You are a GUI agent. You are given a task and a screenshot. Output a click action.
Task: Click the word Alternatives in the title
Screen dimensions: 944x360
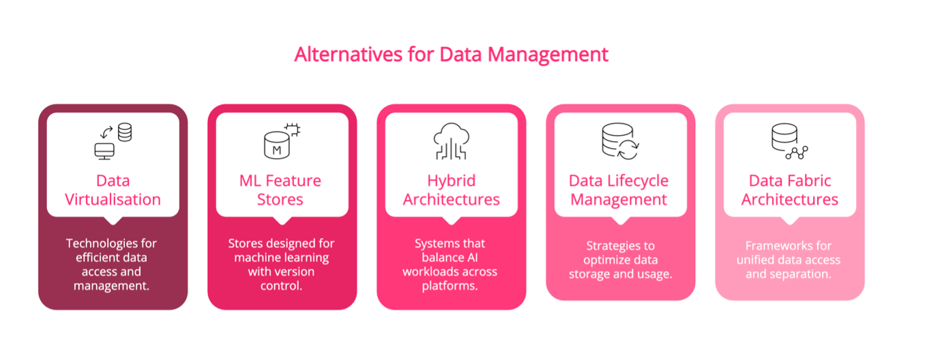click(349, 55)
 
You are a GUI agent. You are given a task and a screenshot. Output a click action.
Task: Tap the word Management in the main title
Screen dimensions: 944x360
click(548, 55)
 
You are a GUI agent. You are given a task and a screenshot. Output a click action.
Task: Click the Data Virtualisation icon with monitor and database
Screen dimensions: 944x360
click(113, 141)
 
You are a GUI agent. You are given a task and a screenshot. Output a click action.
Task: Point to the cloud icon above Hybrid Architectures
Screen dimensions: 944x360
click(452, 141)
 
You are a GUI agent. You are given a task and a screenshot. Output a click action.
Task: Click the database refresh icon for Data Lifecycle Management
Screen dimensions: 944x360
click(620, 141)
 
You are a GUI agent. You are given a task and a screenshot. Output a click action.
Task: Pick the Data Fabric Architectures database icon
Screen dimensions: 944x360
click(790, 141)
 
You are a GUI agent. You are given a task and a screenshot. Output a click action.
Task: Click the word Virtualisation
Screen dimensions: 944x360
click(113, 199)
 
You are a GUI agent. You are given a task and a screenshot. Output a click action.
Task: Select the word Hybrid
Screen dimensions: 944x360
click(452, 181)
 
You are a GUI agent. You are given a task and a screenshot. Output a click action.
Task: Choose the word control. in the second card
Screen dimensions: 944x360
click(281, 286)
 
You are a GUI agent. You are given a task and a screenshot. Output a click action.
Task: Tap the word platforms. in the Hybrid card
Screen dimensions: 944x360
click(449, 286)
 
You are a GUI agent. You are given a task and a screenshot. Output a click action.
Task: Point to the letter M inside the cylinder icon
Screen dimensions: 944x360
click(276, 150)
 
